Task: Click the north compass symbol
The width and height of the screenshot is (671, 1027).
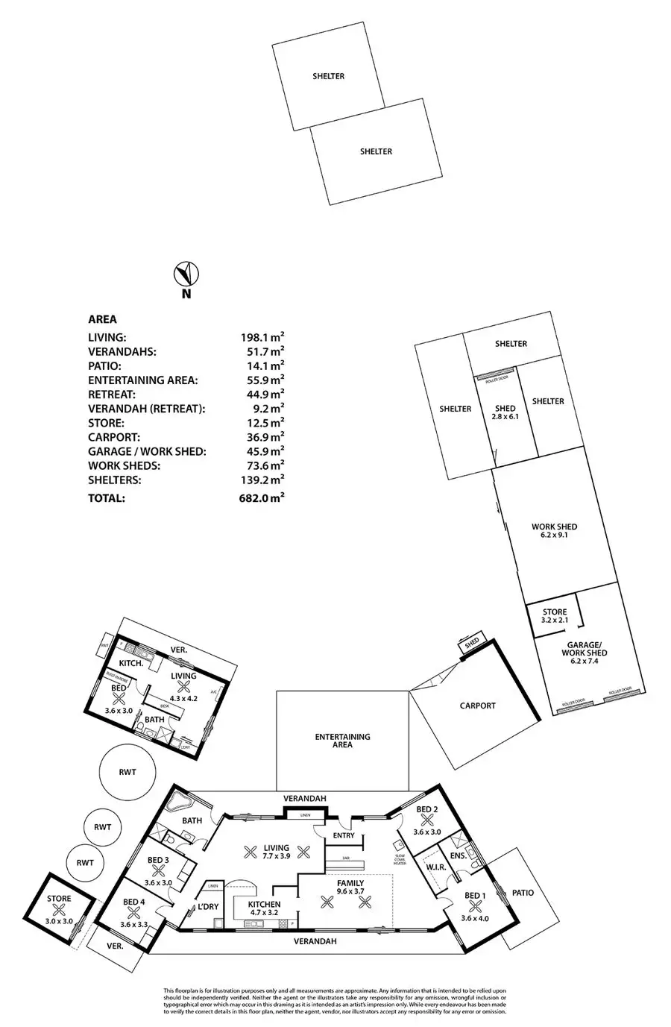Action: (x=185, y=274)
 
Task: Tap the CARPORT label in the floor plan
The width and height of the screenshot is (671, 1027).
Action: (x=477, y=706)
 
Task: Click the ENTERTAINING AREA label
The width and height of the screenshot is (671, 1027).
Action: (x=342, y=740)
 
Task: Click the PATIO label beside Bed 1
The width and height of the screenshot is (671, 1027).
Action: (x=523, y=893)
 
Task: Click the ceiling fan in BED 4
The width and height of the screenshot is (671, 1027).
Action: (x=134, y=911)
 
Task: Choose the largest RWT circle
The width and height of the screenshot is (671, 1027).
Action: (x=127, y=772)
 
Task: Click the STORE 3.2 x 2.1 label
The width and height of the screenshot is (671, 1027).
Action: (x=555, y=616)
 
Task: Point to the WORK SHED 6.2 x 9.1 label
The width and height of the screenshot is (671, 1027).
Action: (x=554, y=530)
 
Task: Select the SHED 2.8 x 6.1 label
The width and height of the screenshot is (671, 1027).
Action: (x=505, y=412)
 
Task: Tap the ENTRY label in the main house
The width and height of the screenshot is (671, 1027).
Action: (x=344, y=836)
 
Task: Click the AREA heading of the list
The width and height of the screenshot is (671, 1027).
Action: (x=102, y=319)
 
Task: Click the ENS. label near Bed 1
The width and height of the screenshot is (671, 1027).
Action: (x=458, y=855)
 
